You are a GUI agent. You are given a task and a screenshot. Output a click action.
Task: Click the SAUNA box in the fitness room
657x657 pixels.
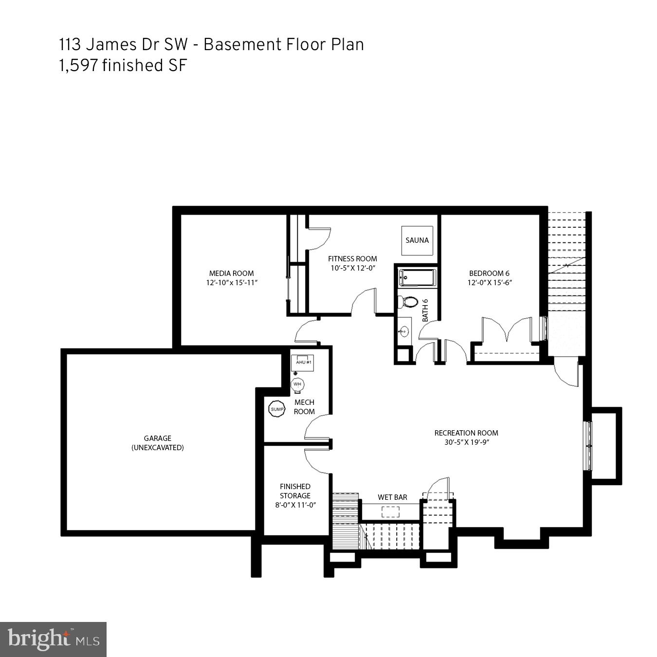(417, 240)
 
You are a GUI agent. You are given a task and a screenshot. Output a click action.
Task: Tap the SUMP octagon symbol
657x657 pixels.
(277, 409)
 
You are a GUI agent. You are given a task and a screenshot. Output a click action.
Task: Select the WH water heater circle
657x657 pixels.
(297, 384)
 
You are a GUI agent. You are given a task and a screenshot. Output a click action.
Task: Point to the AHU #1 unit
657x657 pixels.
(302, 363)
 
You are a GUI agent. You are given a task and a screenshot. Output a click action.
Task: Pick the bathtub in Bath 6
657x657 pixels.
(417, 278)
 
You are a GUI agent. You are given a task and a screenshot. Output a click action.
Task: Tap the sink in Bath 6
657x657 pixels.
(403, 332)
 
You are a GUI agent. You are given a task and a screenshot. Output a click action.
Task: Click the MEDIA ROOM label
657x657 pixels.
(231, 274)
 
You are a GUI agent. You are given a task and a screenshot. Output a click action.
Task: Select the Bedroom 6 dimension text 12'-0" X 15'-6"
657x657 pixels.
(490, 283)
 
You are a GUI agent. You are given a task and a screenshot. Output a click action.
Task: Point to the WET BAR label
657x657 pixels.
(392, 497)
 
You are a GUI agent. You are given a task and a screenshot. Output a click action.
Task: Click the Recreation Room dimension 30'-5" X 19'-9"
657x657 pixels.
(466, 442)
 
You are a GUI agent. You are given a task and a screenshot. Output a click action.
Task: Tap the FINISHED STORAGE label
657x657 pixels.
(295, 491)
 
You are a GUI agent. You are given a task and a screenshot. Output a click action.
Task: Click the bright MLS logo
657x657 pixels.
(53, 639)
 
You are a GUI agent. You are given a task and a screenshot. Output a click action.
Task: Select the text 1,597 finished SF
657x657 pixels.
(123, 65)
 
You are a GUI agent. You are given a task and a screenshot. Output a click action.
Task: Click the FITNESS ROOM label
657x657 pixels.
(352, 259)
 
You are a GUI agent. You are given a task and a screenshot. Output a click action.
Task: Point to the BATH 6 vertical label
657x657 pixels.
(425, 310)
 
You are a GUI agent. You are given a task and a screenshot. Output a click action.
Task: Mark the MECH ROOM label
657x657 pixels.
(304, 407)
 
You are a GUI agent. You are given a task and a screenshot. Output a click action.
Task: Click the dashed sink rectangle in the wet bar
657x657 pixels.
(390, 511)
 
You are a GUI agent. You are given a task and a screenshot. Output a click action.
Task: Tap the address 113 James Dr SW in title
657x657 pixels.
(123, 44)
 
